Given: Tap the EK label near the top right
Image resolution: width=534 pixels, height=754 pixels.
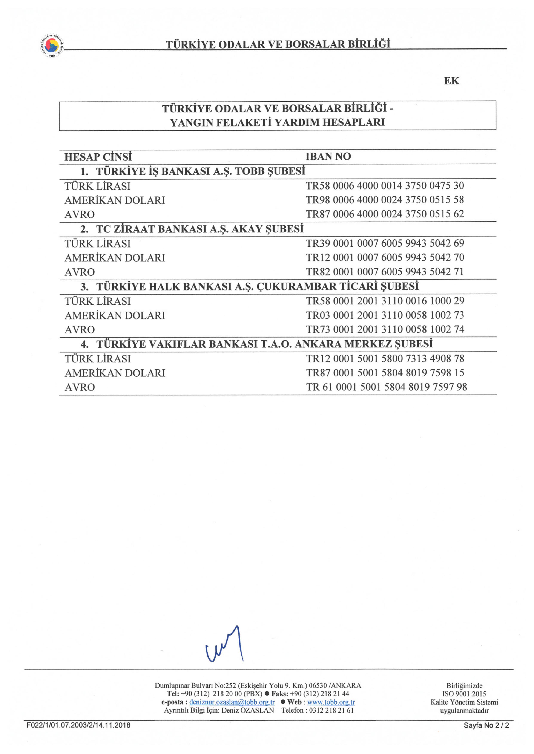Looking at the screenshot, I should point(451,81).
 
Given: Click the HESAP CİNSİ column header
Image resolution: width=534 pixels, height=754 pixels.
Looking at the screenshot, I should point(98,157).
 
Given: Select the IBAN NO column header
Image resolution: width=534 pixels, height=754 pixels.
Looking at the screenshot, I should point(328,156).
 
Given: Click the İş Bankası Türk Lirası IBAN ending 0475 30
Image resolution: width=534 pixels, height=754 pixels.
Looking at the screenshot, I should point(385,186).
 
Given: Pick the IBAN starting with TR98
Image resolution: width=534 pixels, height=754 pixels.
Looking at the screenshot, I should point(385,200).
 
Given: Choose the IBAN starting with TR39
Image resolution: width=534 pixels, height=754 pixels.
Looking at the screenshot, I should point(385,243).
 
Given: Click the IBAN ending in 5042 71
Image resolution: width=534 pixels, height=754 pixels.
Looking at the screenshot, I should point(385,272).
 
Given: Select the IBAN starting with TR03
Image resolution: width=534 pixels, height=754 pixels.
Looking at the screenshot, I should point(385,315).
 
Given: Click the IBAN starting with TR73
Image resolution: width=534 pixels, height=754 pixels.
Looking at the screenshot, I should point(385,329).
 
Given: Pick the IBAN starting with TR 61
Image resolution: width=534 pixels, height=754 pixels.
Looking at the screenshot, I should point(386,387).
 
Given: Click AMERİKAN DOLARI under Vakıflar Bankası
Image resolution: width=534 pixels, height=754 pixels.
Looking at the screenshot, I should point(115,373).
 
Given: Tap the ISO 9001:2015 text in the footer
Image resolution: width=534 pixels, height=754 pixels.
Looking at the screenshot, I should point(464,694).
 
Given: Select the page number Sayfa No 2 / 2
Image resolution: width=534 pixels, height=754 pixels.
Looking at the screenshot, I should point(486,725).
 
